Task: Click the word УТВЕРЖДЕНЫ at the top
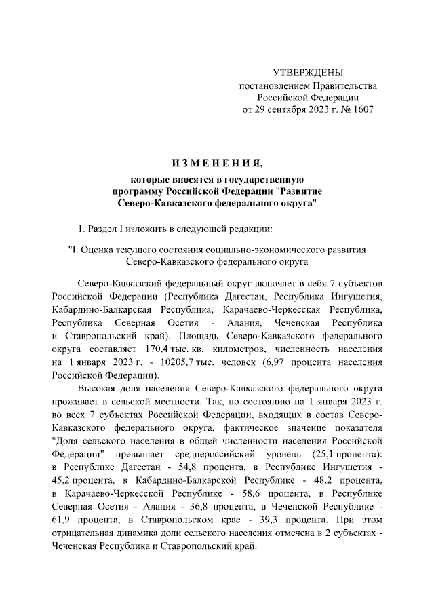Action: [307, 73]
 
